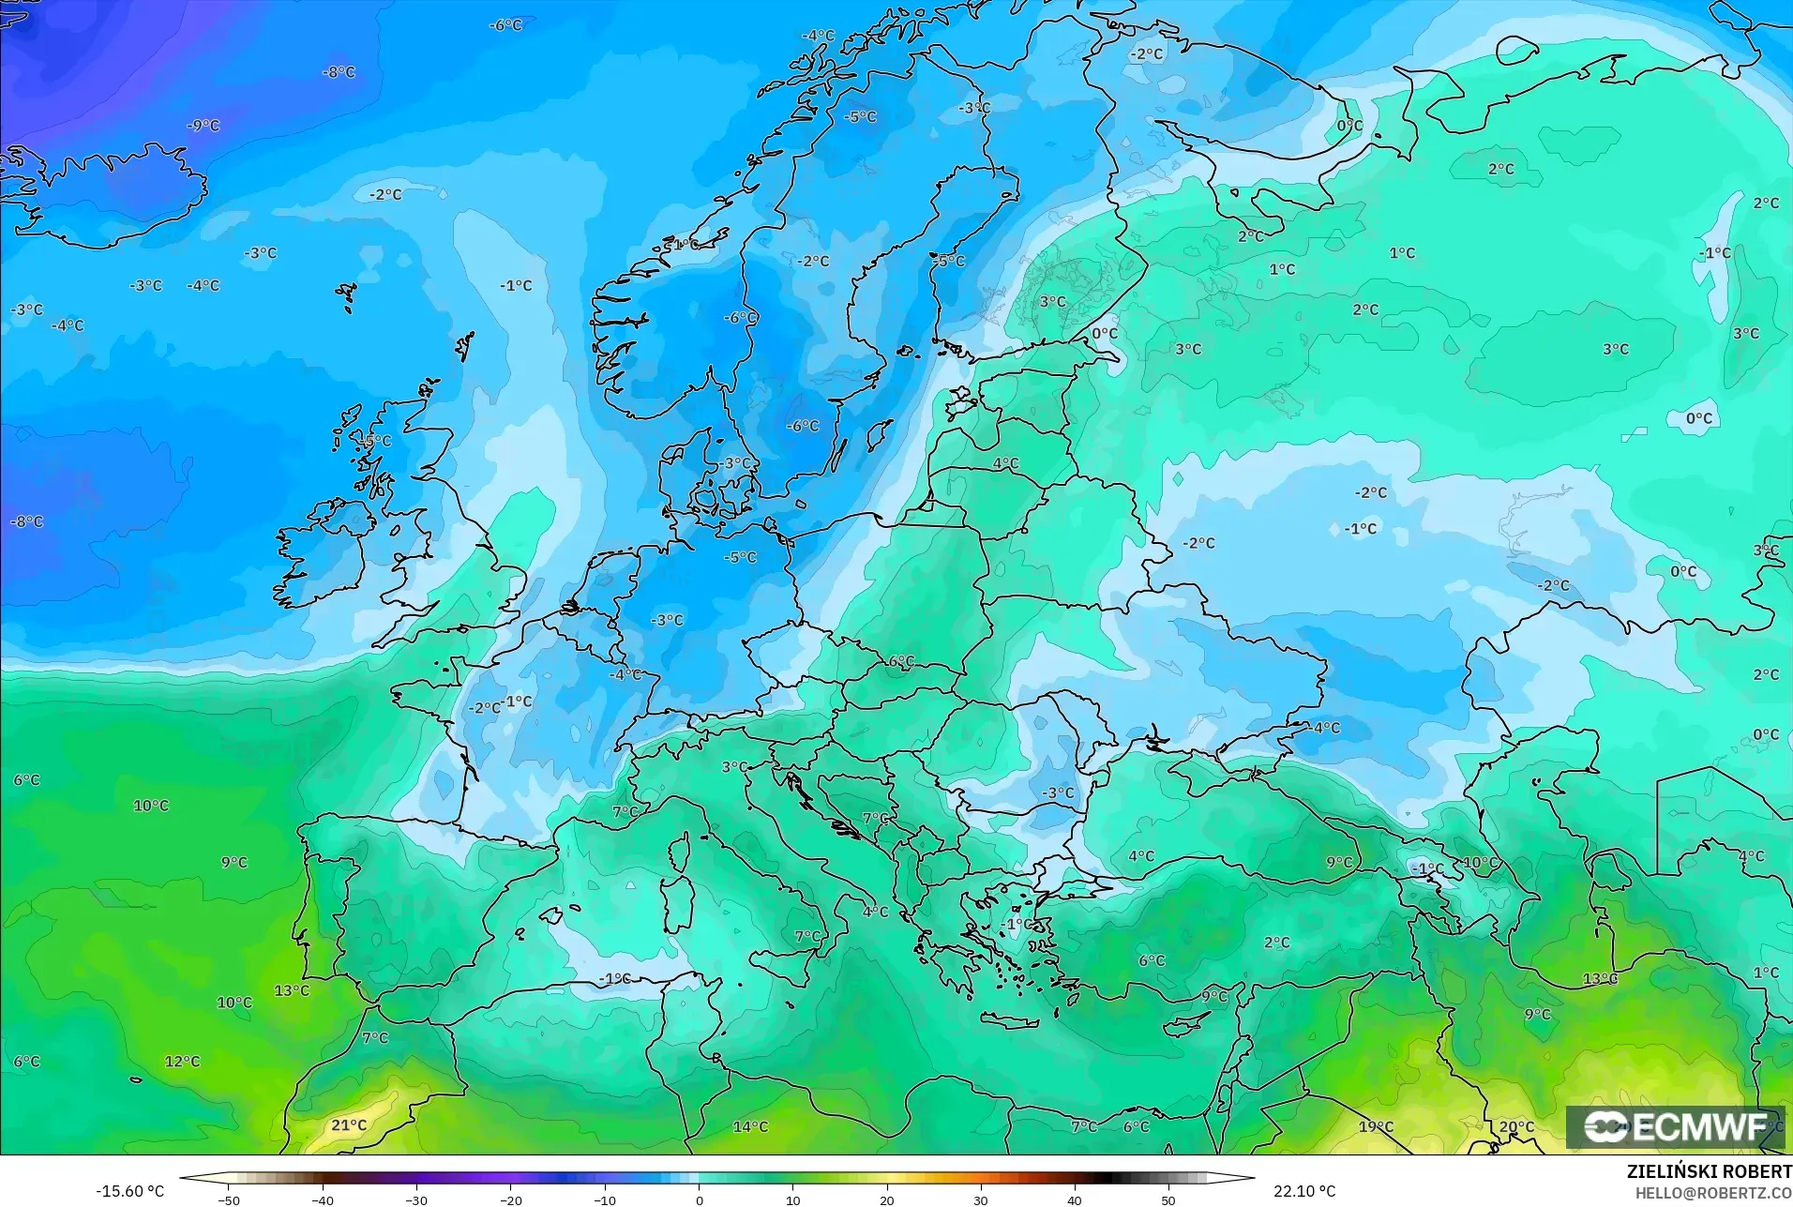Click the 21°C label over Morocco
click(349, 1124)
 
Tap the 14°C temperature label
click(750, 1126)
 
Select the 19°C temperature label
click(1376, 1126)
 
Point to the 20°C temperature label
click(1516, 1126)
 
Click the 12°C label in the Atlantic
click(182, 1061)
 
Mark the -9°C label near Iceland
click(203, 125)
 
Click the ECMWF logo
click(1677, 1126)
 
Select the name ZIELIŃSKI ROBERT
click(1709, 1172)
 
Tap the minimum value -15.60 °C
click(129, 1191)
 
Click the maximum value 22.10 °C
click(1303, 1191)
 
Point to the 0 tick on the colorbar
click(699, 1199)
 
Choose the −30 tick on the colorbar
click(416, 1199)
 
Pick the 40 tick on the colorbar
click(1075, 1199)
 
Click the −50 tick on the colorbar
click(229, 1199)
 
